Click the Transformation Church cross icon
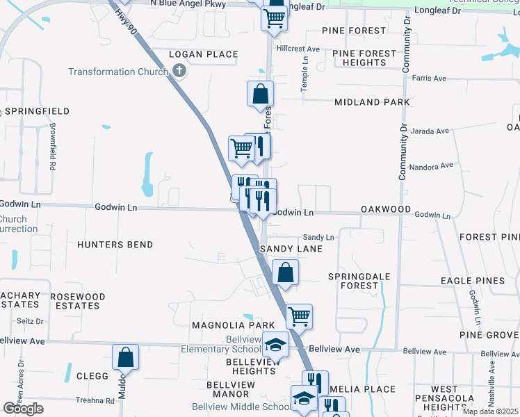[x=179, y=71]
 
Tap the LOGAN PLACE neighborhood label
[x=204, y=54]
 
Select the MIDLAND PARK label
[x=372, y=102]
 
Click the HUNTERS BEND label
[x=115, y=245]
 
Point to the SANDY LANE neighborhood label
[x=291, y=249]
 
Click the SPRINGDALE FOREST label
[x=359, y=281]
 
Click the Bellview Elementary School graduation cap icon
[x=275, y=344]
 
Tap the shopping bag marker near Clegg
[x=126, y=357]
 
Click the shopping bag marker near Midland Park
[x=260, y=93]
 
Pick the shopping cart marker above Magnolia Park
[x=299, y=316]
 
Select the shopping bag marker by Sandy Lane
[x=285, y=272]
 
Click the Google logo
[x=22, y=409]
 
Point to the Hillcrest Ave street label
[x=298, y=49]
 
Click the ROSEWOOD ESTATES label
[x=78, y=301]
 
